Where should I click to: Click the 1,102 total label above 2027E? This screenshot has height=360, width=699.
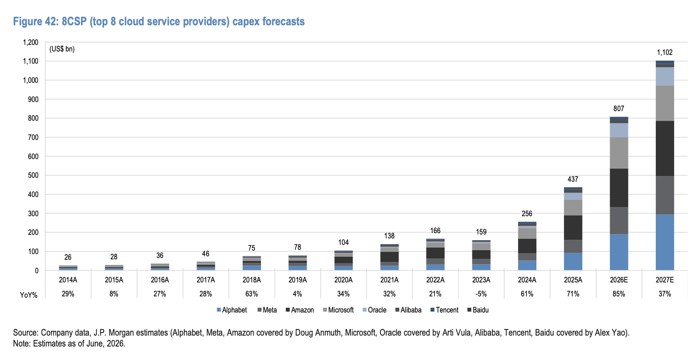tap(665, 52)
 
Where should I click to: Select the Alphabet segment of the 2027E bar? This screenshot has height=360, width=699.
tap(665, 242)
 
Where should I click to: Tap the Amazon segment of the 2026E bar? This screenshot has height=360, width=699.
tap(619, 188)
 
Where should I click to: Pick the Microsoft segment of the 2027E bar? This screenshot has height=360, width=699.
tap(665, 103)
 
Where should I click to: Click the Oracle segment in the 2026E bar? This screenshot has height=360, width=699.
tap(619, 130)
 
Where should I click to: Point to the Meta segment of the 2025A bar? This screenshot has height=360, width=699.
tap(573, 246)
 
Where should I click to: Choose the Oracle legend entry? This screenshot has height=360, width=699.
tap(374, 310)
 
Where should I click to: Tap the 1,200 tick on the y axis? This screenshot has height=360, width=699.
tap(31, 42)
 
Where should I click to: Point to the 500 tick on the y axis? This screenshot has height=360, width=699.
tap(33, 175)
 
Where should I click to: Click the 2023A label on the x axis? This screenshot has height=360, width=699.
tap(481, 280)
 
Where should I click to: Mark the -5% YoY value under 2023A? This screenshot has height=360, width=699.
tap(481, 294)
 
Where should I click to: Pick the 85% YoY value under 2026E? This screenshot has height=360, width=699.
tap(619, 294)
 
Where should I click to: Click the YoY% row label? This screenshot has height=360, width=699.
tap(29, 295)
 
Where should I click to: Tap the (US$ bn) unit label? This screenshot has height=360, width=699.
tap(62, 49)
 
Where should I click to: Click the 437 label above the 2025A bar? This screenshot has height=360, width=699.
tap(573, 179)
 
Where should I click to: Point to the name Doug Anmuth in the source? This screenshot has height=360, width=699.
tap(318, 333)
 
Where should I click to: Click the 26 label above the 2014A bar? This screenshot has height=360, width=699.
tap(68, 257)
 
